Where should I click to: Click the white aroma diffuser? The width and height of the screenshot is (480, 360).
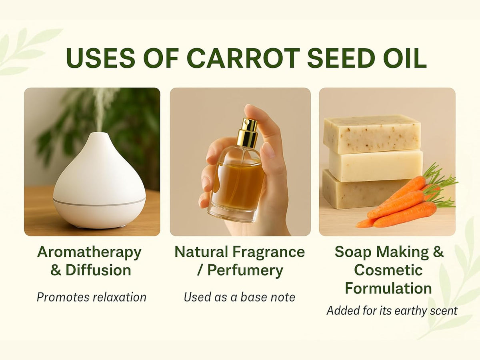point(99,184)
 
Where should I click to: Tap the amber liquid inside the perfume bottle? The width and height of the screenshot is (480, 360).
point(238,184)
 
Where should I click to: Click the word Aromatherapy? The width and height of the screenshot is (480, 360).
point(89,252)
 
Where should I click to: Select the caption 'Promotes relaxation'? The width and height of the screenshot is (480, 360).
point(91,297)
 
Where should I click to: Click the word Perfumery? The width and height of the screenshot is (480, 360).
point(245,270)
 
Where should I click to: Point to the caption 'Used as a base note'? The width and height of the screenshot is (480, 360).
point(240,297)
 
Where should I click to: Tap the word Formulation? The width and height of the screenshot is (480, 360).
point(388,288)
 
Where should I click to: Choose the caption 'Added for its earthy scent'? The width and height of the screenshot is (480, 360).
point(392,311)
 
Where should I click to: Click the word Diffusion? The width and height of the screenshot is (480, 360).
point(98,270)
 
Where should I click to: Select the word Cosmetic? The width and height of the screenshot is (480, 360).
point(388,270)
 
